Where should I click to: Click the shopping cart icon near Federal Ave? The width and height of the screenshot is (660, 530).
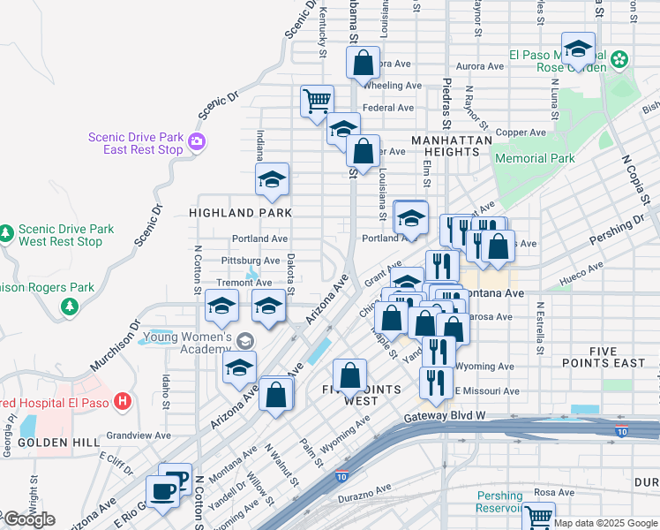pos(317,99)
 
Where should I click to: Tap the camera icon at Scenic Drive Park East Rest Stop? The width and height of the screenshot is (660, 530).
pos(196,140)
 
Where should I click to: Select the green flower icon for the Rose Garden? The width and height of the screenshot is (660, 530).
pos(620,59)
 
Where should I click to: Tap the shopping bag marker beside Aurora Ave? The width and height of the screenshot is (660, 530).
pos(364,63)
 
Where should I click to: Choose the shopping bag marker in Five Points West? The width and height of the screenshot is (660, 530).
pos(350,375)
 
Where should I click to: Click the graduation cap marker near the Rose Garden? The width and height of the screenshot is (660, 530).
pos(578,47)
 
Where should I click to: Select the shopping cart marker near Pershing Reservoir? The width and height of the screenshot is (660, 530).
pos(538,516)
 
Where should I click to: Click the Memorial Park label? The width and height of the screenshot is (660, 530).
pos(535,158)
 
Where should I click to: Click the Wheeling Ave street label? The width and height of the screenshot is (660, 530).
pos(393,86)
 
